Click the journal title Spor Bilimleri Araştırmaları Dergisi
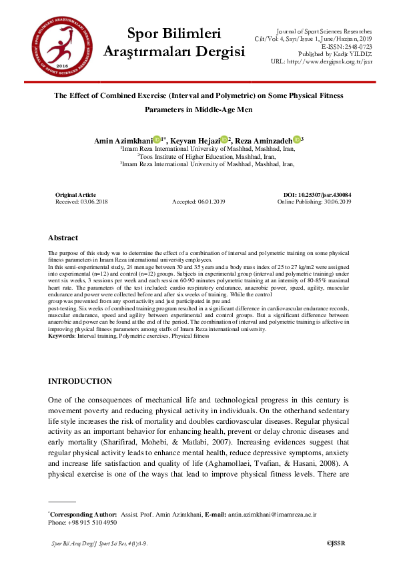click(174, 42)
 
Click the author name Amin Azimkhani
click(123, 140)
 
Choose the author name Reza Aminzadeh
click(263, 140)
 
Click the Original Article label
click(75, 194)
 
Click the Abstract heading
click(63, 238)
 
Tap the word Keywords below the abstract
click(61, 336)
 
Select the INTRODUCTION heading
click(80, 381)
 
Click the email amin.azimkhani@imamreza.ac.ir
click(272, 515)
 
